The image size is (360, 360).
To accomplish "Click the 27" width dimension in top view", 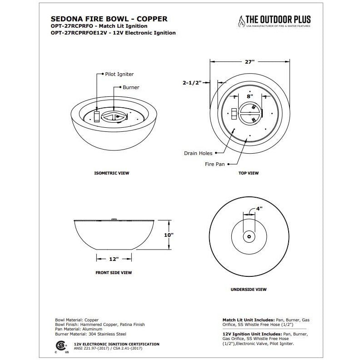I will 250,61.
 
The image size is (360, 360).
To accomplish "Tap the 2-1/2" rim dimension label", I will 192,83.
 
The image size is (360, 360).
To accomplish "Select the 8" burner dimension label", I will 249,96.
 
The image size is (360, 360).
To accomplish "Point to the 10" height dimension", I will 169,235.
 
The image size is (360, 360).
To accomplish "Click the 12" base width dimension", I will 114,259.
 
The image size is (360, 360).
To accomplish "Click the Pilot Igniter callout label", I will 120,74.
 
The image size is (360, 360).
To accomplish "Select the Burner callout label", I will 130,87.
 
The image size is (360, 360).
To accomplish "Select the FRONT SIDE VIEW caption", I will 113,273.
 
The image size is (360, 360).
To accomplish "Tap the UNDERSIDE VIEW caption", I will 249,289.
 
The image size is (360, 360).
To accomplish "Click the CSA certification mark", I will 59,344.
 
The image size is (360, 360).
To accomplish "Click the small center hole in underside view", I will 249,236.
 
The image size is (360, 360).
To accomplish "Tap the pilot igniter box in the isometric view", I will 96,116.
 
